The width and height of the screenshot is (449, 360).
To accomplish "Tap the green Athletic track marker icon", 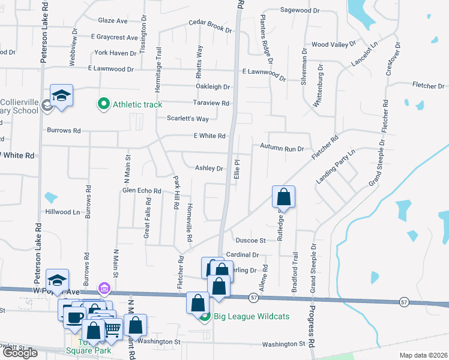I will tap(103, 104).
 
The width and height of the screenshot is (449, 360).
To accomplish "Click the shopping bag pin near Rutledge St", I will tap(283, 197).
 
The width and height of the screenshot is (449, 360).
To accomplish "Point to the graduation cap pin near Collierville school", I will tap(61, 96).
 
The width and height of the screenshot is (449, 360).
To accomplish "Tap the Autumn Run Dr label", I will tap(282, 147).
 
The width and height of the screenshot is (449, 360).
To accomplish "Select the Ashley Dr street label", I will tap(209, 169).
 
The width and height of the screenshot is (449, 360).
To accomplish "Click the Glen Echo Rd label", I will tap(142, 191).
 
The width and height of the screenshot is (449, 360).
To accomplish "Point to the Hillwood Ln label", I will tap(62, 212).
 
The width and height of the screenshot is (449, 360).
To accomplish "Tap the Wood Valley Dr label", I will tap(334, 45).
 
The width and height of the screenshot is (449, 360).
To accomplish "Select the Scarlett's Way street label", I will tap(188, 119).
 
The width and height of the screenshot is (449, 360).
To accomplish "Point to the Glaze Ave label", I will tap(113, 20).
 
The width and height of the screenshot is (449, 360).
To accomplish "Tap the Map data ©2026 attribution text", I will tap(423, 355).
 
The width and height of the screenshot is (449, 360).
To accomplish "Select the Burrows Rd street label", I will tap(64, 130).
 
